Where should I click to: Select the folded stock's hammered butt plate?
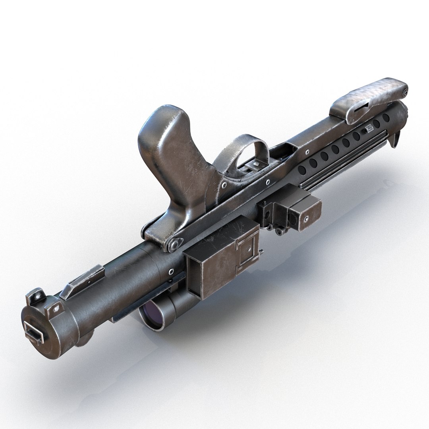(373, 94)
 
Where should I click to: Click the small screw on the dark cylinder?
(171, 271)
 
